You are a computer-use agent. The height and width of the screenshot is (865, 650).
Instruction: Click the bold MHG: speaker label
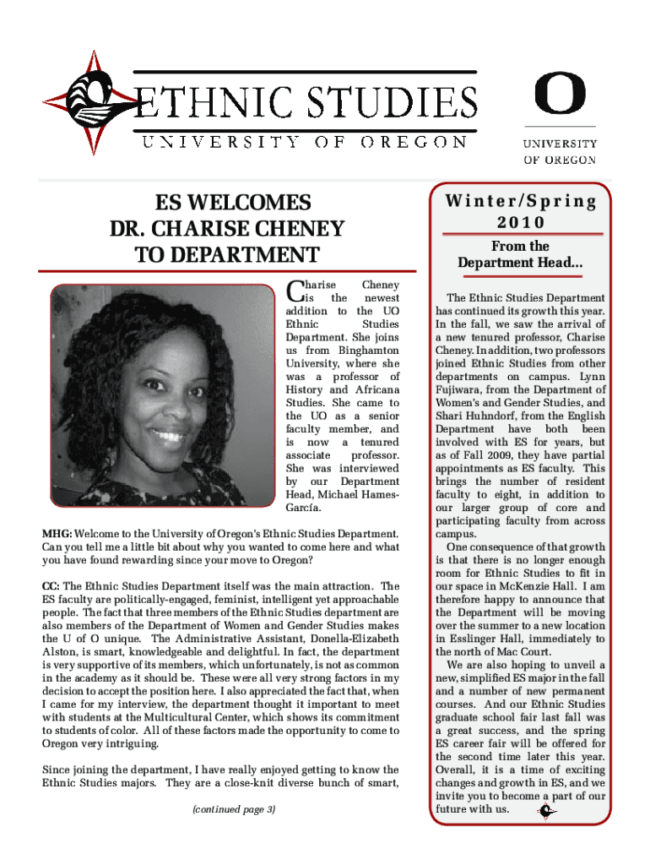[x=57, y=533]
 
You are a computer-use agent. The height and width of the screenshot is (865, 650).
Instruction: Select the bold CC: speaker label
[x=51, y=585]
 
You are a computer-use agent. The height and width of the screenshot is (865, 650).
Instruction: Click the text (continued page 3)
[x=233, y=809]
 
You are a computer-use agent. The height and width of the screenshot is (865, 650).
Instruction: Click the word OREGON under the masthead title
[x=414, y=142]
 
